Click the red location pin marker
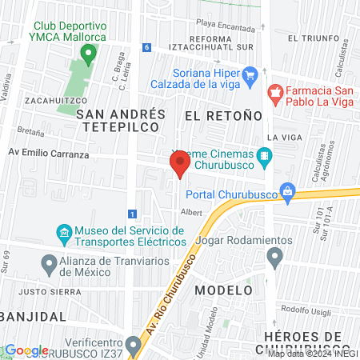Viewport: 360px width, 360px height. click(179, 165)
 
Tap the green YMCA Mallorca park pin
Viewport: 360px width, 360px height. click(89, 54)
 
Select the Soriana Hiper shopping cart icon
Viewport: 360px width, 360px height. click(250, 77)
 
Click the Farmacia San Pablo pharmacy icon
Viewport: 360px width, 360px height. click(275, 94)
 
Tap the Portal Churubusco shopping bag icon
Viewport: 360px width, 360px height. click(289, 193)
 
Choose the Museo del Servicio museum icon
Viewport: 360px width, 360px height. click(64, 234)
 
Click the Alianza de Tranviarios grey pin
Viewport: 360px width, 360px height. click(48, 262)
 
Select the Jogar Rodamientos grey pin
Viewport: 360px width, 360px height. click(275, 257)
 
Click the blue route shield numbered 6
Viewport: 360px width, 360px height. click(146, 47)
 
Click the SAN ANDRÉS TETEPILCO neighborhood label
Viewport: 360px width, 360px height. click(122, 122)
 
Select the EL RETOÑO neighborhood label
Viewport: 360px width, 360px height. click(223, 115)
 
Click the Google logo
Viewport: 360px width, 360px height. click(26, 350)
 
